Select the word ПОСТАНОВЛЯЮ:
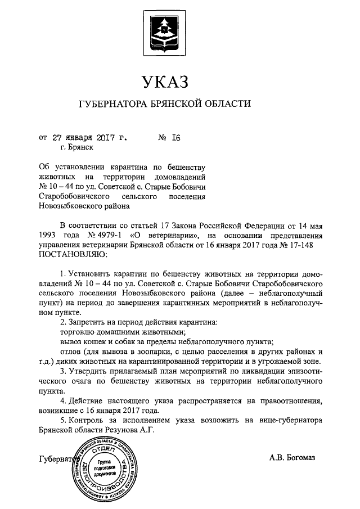(68, 255)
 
